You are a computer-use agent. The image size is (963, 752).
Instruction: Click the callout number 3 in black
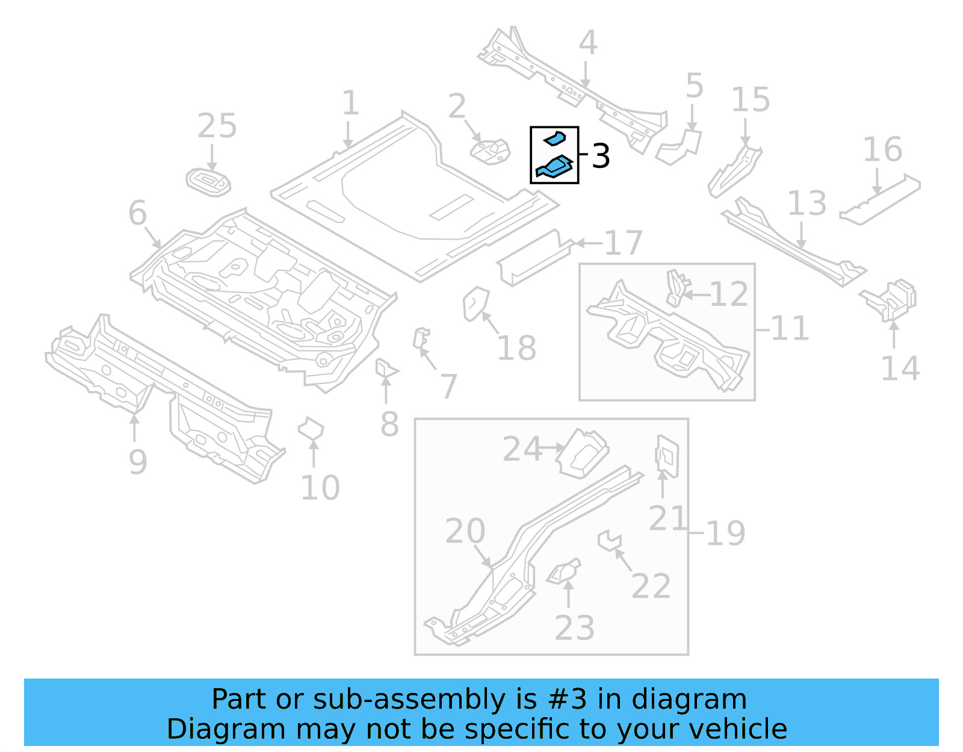tap(601, 156)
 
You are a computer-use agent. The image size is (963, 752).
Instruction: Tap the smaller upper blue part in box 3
tap(555, 139)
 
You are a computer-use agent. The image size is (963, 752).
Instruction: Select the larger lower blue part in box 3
tap(554, 167)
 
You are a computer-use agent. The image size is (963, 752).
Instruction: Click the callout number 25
tap(217, 126)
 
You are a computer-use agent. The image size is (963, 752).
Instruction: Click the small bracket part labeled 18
tap(475, 303)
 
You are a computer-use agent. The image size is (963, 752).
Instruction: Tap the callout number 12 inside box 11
tap(729, 294)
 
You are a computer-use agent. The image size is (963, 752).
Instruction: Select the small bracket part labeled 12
tap(677, 288)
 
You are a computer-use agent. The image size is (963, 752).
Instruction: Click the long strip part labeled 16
tap(880, 200)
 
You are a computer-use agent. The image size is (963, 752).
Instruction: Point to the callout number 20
tap(465, 531)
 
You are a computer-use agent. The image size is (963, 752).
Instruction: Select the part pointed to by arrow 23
tap(565, 571)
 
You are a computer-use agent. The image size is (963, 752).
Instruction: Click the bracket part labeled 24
tap(581, 452)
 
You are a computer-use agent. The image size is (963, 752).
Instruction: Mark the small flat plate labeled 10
tap(311, 430)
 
